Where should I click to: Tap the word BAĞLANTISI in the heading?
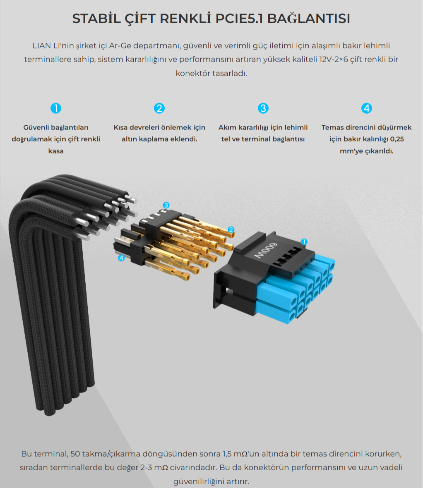308,18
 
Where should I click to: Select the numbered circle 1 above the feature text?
56,108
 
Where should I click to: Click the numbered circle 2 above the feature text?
159,108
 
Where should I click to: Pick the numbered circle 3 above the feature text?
263,108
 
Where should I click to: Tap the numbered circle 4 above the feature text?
366,108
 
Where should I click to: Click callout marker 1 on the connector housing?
304,242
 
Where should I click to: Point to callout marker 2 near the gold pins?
231,230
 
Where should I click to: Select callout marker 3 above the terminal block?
166,205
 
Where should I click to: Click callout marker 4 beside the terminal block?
121,258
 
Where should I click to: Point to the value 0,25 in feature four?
397,139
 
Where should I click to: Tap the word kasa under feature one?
56,151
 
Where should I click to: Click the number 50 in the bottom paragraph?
75,454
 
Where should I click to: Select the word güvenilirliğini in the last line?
200,482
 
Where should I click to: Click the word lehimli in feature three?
296,127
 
